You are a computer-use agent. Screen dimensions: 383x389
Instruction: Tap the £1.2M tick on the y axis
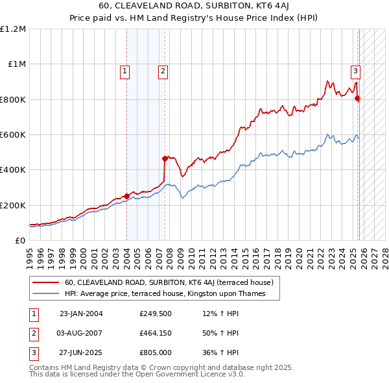coord(13,29)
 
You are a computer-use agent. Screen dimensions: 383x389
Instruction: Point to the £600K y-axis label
coord(13,135)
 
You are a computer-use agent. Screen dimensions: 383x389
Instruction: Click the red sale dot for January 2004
coord(126,196)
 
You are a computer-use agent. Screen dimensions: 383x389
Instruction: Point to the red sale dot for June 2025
coord(357,99)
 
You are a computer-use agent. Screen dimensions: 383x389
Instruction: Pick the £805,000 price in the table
coord(156,352)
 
